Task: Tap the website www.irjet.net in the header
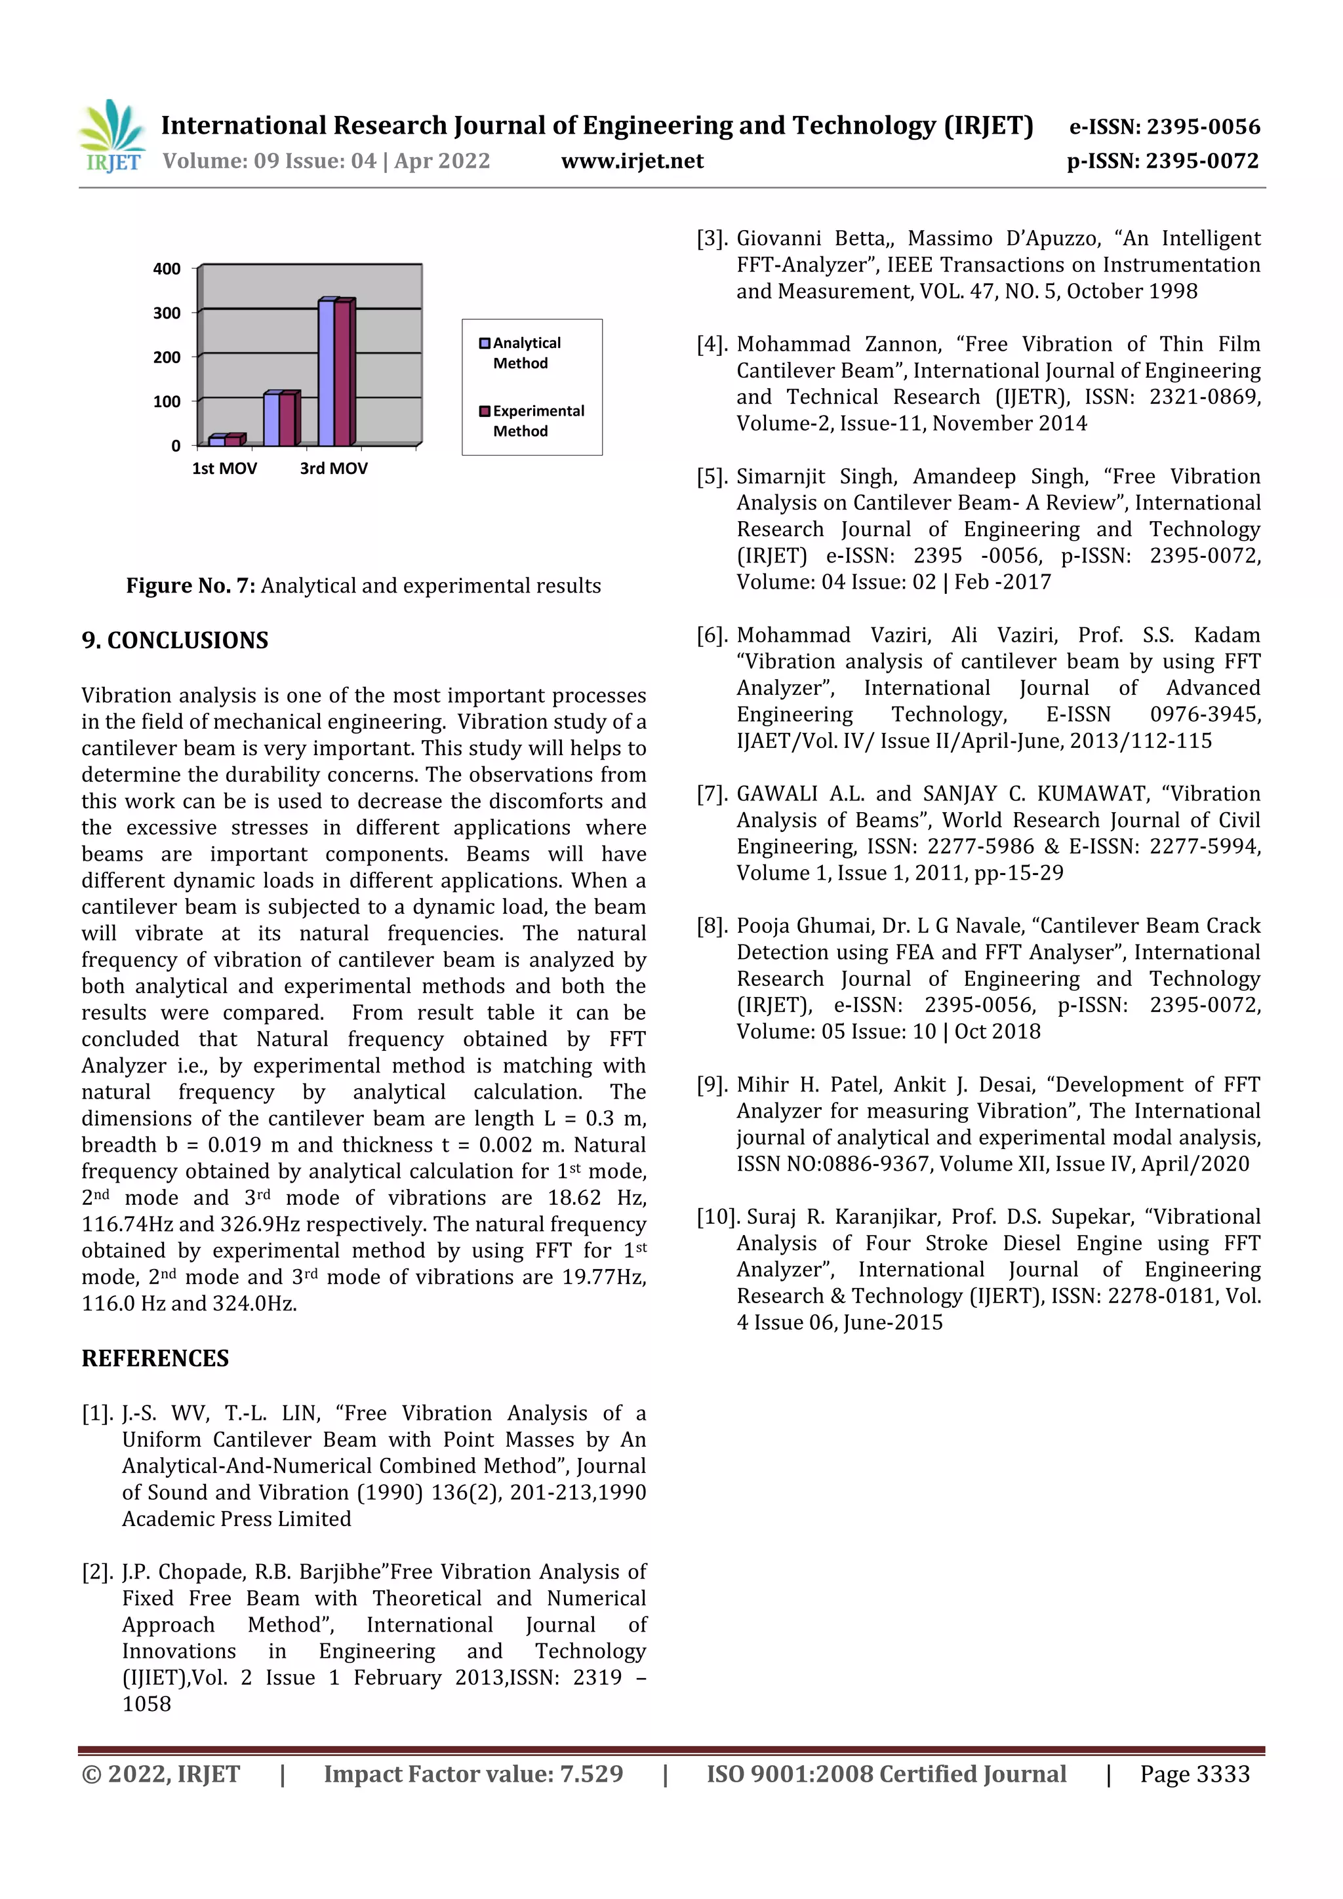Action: click(632, 161)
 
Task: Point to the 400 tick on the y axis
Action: click(167, 269)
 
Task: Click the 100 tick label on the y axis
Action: click(167, 402)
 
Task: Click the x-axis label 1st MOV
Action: click(224, 468)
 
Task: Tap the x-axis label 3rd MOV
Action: click(334, 468)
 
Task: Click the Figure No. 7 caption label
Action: click(190, 585)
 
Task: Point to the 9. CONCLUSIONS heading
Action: click(174, 640)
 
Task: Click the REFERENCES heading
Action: click(155, 1358)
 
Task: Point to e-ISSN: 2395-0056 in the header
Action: click(1164, 127)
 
